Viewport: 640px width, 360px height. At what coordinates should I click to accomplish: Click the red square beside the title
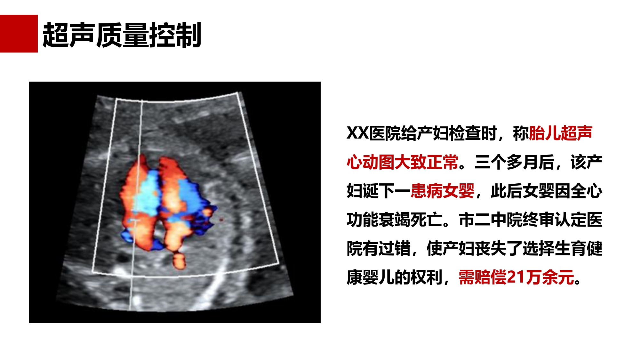pyautogui.click(x=19, y=34)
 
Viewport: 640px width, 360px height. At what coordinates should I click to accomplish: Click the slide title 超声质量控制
pyautogui.click(x=122, y=35)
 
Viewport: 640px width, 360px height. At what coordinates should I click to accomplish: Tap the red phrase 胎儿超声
pyautogui.click(x=561, y=133)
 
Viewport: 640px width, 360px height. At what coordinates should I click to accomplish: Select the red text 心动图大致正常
pyautogui.click(x=403, y=162)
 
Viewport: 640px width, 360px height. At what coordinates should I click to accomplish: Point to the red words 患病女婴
pyautogui.click(x=443, y=191)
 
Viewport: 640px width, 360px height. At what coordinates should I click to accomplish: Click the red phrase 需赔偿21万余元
pyautogui.click(x=516, y=277)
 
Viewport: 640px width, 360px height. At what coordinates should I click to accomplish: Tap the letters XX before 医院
pyautogui.click(x=358, y=133)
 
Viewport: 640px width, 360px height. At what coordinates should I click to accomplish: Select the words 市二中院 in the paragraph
pyautogui.click(x=491, y=220)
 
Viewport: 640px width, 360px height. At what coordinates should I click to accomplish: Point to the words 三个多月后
pyautogui.click(x=515, y=162)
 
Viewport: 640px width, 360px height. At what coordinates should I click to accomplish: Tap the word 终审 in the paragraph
pyautogui.click(x=539, y=220)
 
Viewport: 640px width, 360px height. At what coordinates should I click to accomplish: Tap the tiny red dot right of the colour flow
pyautogui.click(x=221, y=220)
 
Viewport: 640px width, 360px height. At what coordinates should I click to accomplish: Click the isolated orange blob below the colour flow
pyautogui.click(x=179, y=261)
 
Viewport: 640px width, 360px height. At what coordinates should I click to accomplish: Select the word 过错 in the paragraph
pyautogui.click(x=395, y=248)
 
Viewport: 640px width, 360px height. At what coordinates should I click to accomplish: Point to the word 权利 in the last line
pyautogui.click(x=427, y=277)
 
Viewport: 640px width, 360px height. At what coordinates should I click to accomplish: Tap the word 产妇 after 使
pyautogui.click(x=459, y=248)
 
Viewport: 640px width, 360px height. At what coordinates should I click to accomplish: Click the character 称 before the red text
pyautogui.click(x=521, y=133)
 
